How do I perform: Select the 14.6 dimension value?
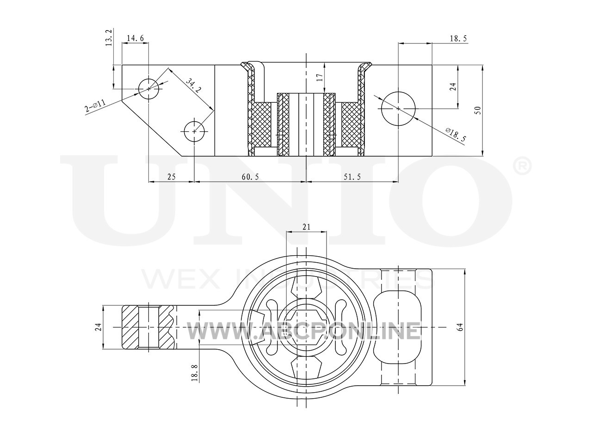point(136,38)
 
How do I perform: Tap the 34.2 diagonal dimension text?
point(193,86)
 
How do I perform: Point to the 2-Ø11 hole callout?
point(95,105)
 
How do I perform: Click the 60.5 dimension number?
point(250,177)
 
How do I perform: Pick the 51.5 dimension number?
point(352,177)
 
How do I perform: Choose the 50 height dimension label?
point(478,110)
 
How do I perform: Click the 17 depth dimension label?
point(320,78)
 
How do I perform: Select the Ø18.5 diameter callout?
point(456,135)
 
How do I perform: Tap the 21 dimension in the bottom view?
point(306,227)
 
